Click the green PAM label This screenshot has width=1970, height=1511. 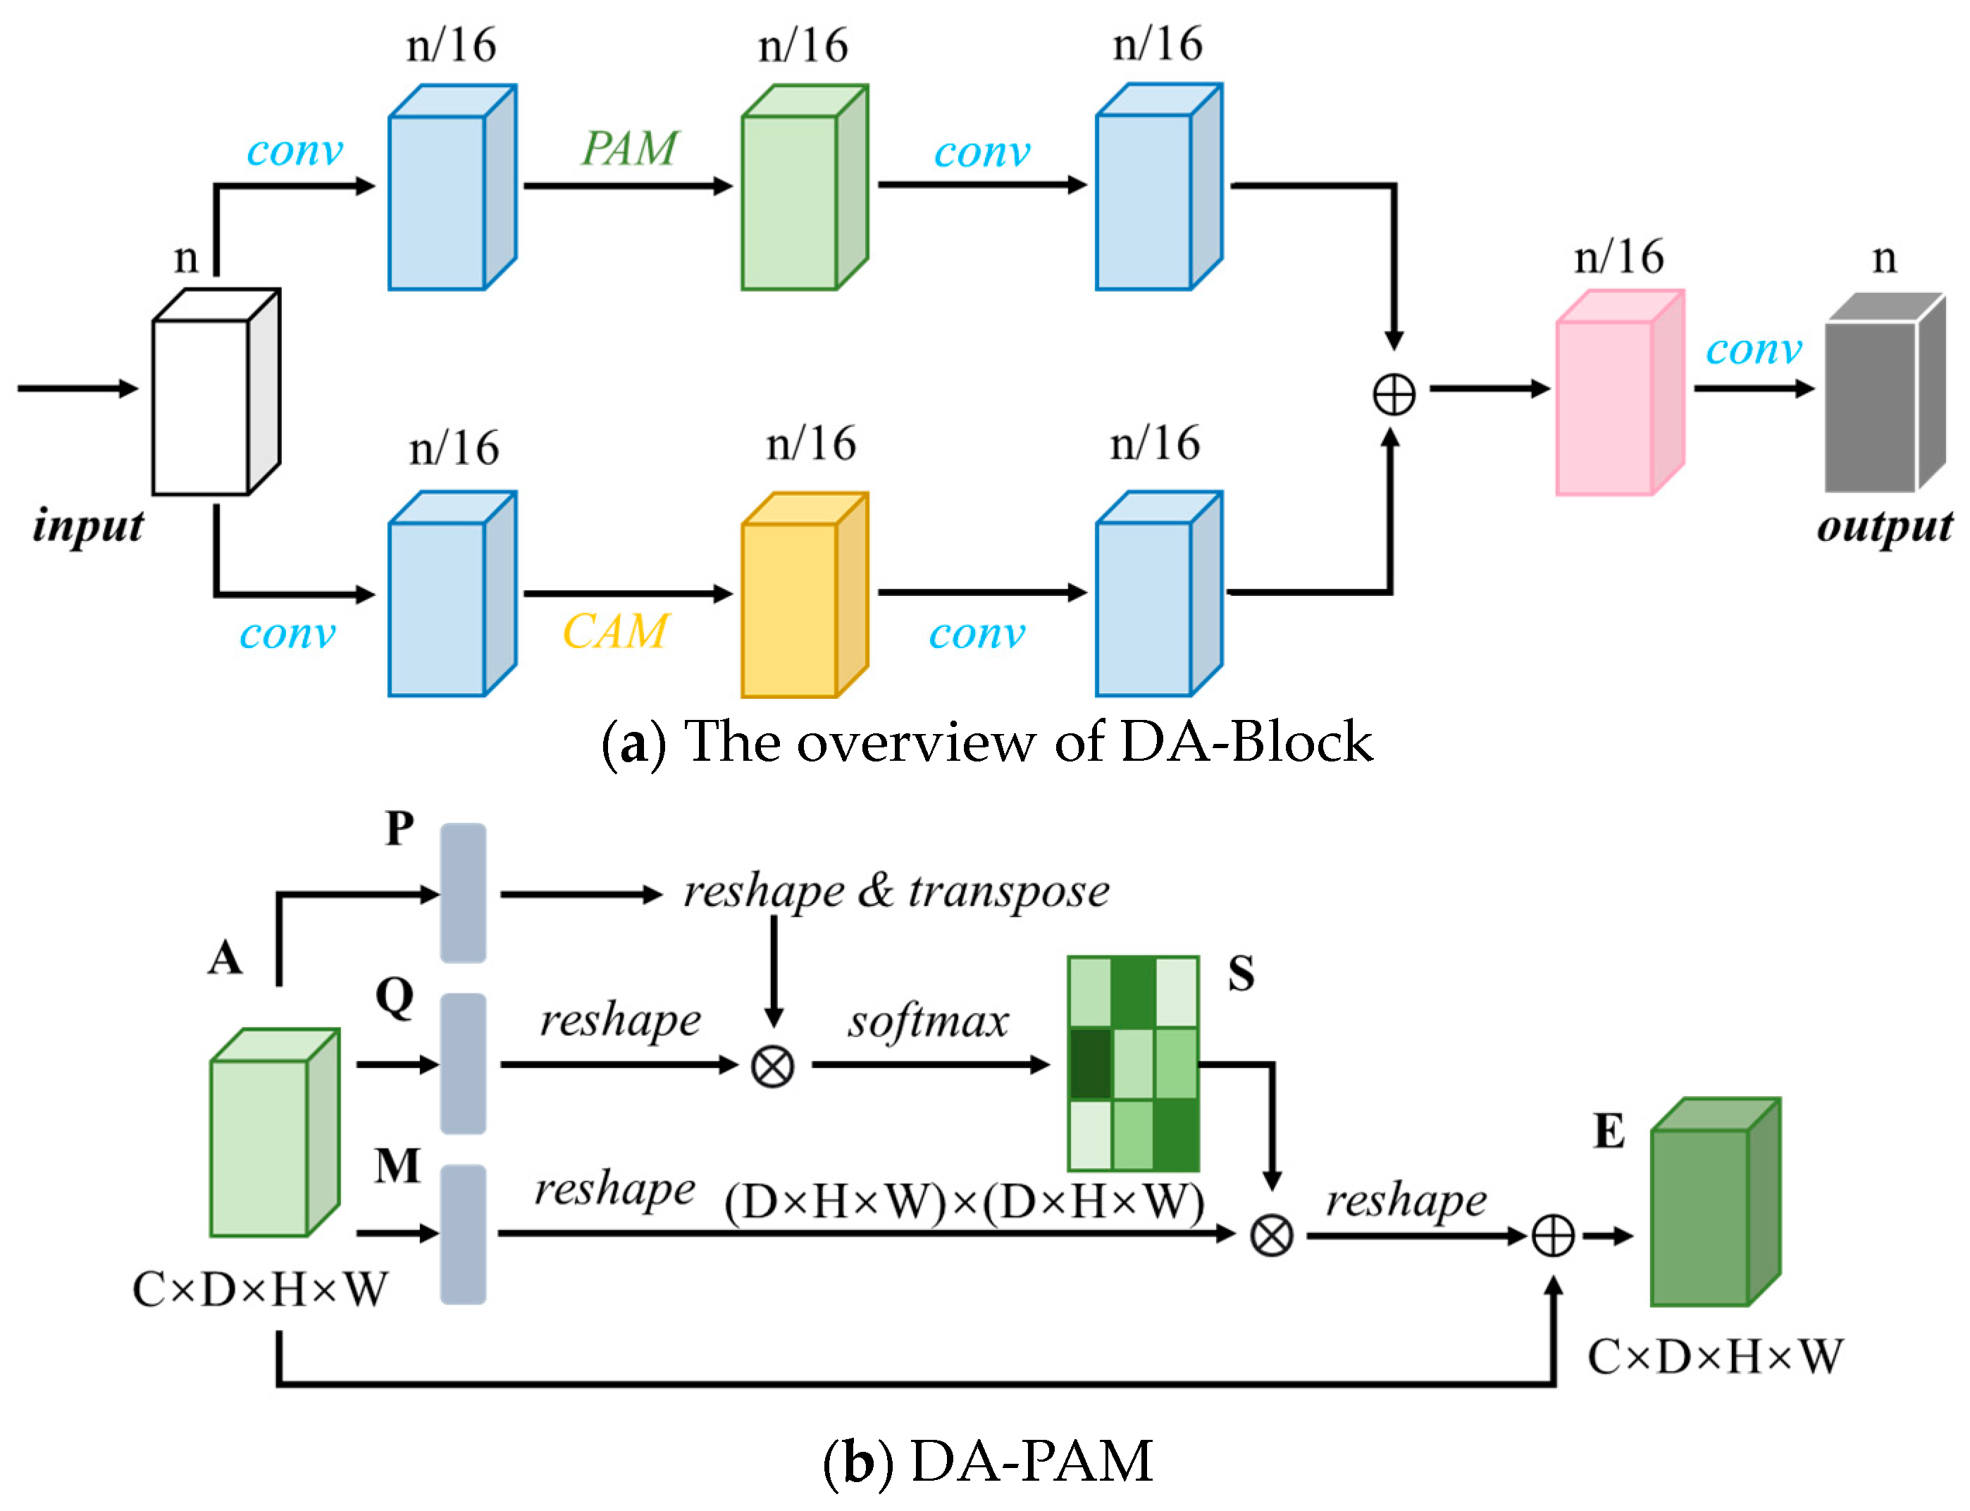[628, 149]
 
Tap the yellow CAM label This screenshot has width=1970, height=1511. [615, 631]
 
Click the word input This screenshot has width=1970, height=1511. [87, 526]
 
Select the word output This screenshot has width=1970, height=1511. [1883, 526]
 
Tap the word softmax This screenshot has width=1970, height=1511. [927, 1021]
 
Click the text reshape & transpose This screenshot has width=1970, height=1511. [896, 891]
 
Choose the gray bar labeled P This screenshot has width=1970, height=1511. [462, 893]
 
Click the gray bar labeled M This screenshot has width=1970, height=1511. [462, 1234]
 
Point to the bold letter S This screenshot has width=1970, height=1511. [1241, 973]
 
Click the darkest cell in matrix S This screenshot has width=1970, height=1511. [1090, 1064]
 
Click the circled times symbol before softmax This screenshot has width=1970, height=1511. [772, 1067]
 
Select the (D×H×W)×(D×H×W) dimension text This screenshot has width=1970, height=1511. [963, 1202]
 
